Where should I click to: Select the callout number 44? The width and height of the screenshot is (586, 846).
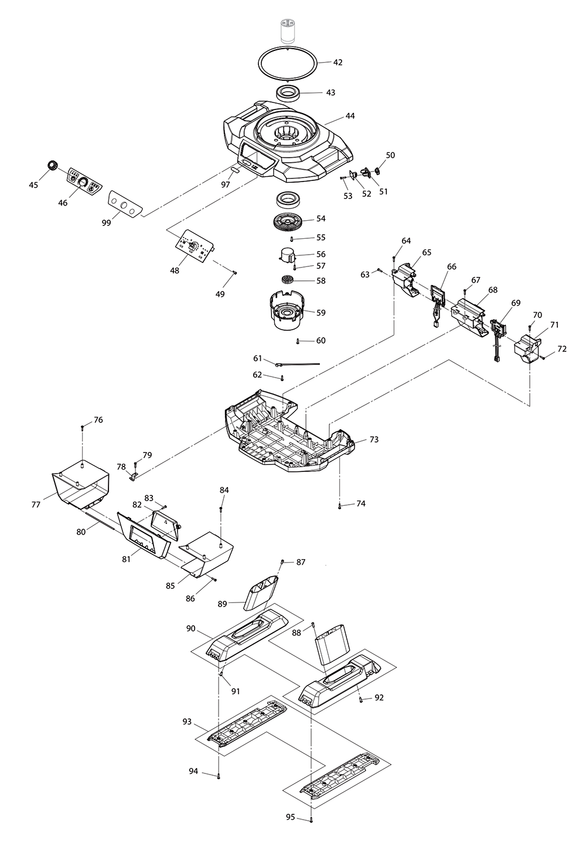(x=350, y=116)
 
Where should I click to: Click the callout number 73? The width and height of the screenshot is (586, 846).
(x=374, y=439)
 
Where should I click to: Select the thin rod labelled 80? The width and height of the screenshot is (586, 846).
(x=105, y=520)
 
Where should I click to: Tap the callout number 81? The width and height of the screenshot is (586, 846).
(x=126, y=559)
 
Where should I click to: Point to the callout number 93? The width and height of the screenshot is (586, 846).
(x=187, y=722)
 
